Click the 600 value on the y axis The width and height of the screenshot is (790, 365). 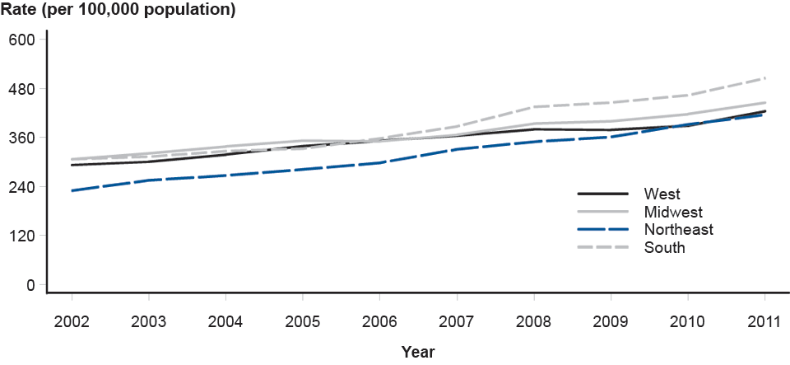click(x=21, y=40)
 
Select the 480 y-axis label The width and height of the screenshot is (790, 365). click(x=21, y=89)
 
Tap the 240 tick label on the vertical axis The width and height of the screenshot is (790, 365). click(x=21, y=187)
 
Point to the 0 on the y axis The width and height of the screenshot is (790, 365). click(x=30, y=285)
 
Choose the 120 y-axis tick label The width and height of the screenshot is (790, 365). click(x=21, y=236)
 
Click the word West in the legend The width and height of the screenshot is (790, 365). click(x=662, y=194)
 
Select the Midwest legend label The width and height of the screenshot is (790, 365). click(x=673, y=213)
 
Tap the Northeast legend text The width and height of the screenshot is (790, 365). click(x=678, y=230)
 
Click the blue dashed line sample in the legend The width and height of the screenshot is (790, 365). click(x=603, y=230)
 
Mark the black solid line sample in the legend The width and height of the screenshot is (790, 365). click(x=603, y=194)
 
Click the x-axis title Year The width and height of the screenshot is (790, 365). click(x=418, y=352)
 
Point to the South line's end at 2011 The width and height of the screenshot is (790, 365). click(x=765, y=78)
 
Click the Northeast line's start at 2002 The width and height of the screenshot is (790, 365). click(x=72, y=190)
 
